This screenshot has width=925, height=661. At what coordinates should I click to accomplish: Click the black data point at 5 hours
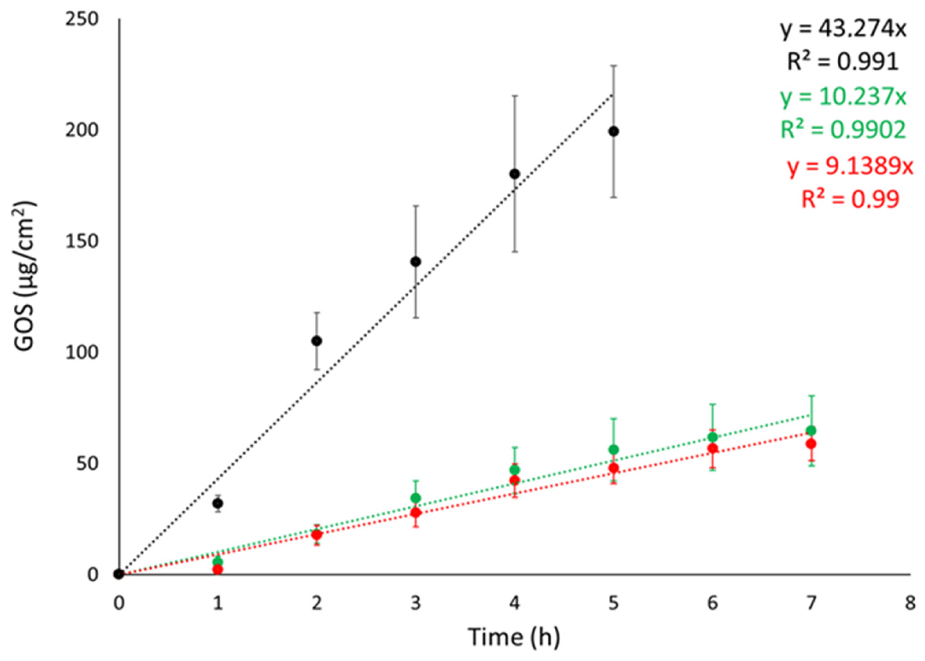click(614, 132)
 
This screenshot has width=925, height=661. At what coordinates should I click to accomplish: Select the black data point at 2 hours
click(317, 341)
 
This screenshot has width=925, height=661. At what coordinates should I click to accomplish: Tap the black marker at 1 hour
click(218, 503)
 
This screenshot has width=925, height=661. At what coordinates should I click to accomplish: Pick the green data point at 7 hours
click(811, 431)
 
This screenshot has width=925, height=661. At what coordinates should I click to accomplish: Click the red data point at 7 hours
click(811, 444)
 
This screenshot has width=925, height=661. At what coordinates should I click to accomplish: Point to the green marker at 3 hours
click(416, 498)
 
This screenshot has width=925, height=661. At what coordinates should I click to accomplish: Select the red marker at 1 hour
click(218, 569)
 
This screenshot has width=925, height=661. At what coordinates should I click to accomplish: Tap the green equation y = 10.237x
click(843, 98)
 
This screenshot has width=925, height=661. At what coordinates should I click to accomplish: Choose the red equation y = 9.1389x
click(850, 167)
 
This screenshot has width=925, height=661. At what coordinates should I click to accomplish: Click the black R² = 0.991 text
click(842, 63)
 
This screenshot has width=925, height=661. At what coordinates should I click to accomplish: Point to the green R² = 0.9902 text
click(843, 130)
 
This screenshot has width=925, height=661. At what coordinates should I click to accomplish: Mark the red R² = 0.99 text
click(850, 199)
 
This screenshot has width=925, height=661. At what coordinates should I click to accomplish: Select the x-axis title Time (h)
click(514, 637)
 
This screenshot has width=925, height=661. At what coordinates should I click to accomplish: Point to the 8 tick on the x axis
click(910, 603)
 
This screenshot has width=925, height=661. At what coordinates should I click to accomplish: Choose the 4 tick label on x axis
click(514, 603)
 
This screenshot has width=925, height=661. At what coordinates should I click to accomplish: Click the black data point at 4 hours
click(514, 174)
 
